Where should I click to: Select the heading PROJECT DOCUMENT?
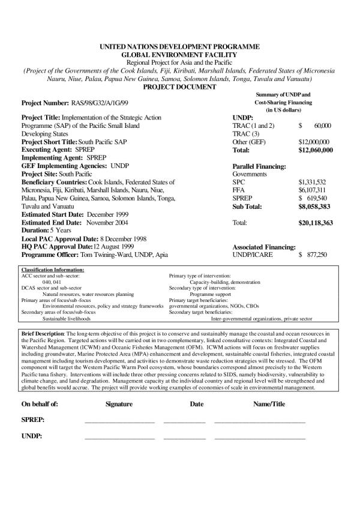click(x=180, y=87)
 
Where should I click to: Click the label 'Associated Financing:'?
click(x=263, y=247)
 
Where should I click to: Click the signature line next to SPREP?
click(x=120, y=421)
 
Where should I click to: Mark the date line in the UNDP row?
click(x=185, y=438)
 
